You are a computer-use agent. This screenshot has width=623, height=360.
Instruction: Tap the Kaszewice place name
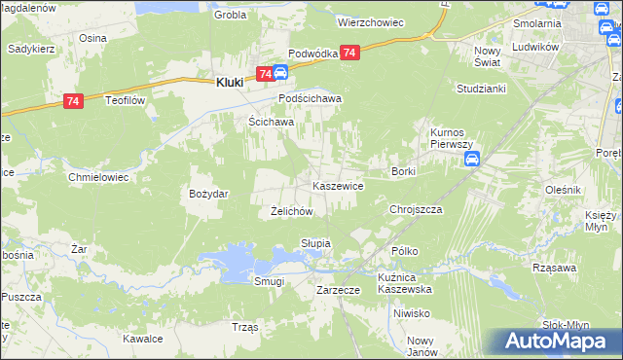(x=338, y=185)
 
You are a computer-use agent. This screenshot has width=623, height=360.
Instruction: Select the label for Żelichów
(x=290, y=211)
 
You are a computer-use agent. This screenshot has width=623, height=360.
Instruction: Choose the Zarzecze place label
(x=340, y=290)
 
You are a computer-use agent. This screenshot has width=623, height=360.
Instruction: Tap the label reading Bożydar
(x=208, y=194)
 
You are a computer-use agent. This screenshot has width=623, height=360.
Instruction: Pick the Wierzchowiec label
(x=370, y=20)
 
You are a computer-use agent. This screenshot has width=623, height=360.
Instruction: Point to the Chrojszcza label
(x=416, y=209)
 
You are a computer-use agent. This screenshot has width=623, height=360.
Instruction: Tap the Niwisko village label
(x=412, y=313)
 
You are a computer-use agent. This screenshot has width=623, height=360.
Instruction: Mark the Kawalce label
(x=142, y=339)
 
